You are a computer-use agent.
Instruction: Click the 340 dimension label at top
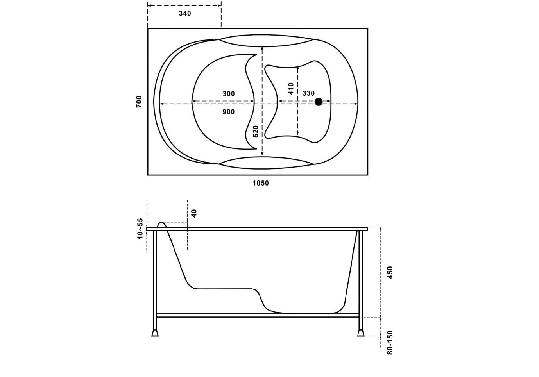(185, 14)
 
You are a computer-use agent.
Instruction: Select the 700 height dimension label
(139, 102)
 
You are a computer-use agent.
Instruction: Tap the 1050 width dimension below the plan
(260, 183)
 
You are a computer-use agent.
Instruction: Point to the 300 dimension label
(229, 94)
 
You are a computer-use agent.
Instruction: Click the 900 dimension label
(229, 112)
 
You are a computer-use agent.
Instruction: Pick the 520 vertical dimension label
(256, 131)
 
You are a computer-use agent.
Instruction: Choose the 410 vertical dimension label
(290, 89)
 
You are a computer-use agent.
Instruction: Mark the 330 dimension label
(308, 93)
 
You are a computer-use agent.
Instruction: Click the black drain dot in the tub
(319, 102)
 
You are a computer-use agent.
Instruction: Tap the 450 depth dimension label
(390, 272)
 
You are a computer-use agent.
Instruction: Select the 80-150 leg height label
(390, 343)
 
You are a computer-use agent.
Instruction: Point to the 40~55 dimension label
(140, 229)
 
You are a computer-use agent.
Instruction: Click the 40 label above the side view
(194, 213)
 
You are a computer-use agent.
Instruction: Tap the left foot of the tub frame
(155, 332)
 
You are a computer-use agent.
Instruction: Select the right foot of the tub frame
(360, 332)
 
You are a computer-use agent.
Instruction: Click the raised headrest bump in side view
(161, 224)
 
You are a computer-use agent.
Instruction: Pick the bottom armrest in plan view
(266, 163)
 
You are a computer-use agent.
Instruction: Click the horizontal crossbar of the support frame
(258, 315)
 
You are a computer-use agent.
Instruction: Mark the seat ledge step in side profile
(225, 289)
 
